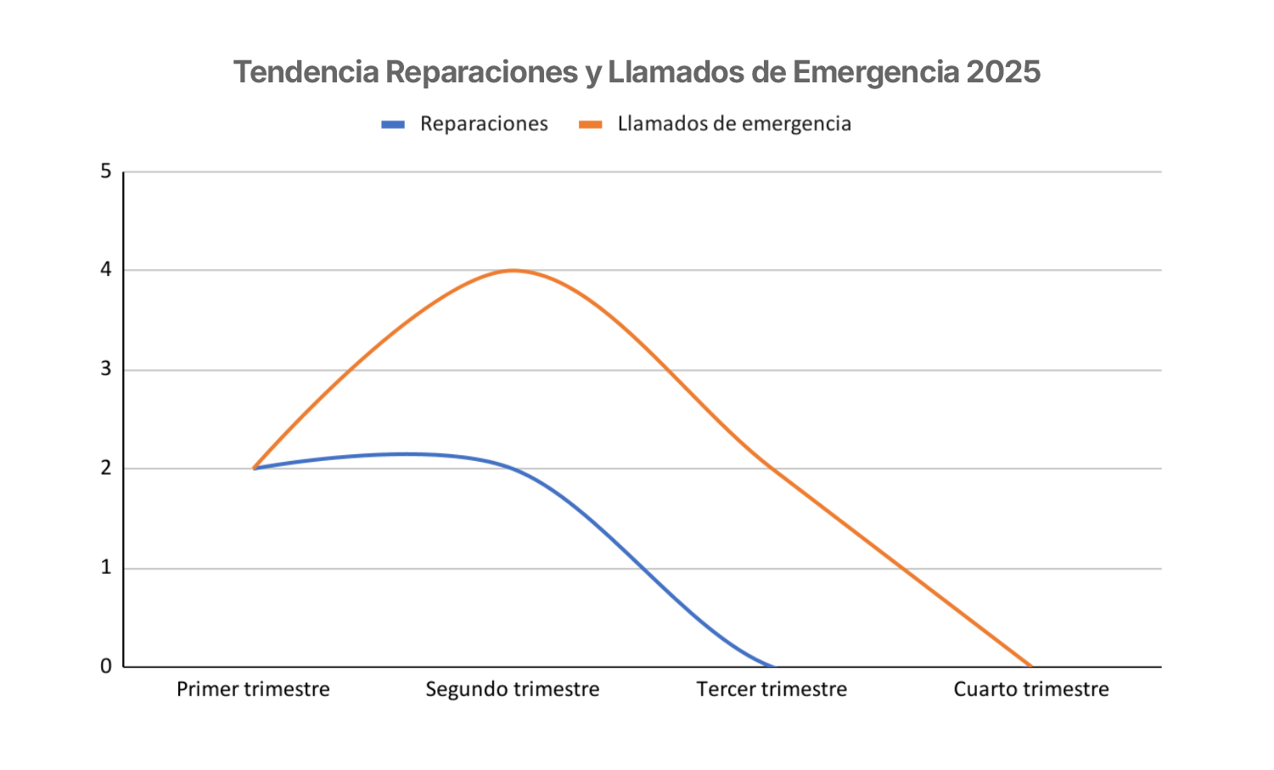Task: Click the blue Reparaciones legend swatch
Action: [x=393, y=125]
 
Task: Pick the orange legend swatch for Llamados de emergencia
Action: [x=591, y=125]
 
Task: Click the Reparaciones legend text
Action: [x=484, y=124]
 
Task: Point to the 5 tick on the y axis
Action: [x=106, y=171]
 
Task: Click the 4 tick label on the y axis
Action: [x=106, y=270]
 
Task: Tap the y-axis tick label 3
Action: [x=106, y=369]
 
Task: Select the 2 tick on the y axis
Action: [x=106, y=468]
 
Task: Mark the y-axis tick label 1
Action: [x=106, y=567]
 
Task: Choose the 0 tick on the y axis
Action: [x=106, y=666]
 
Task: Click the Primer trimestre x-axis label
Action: [x=253, y=689]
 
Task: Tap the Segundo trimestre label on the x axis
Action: [x=513, y=689]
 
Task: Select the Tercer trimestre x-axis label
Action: [x=772, y=689]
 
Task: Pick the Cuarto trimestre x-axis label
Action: [x=1031, y=689]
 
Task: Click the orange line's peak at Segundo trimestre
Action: [x=513, y=271]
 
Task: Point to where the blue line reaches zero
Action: [x=772, y=666]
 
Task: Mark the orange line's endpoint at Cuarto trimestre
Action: [x=1031, y=666]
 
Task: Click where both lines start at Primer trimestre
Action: [x=254, y=468]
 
